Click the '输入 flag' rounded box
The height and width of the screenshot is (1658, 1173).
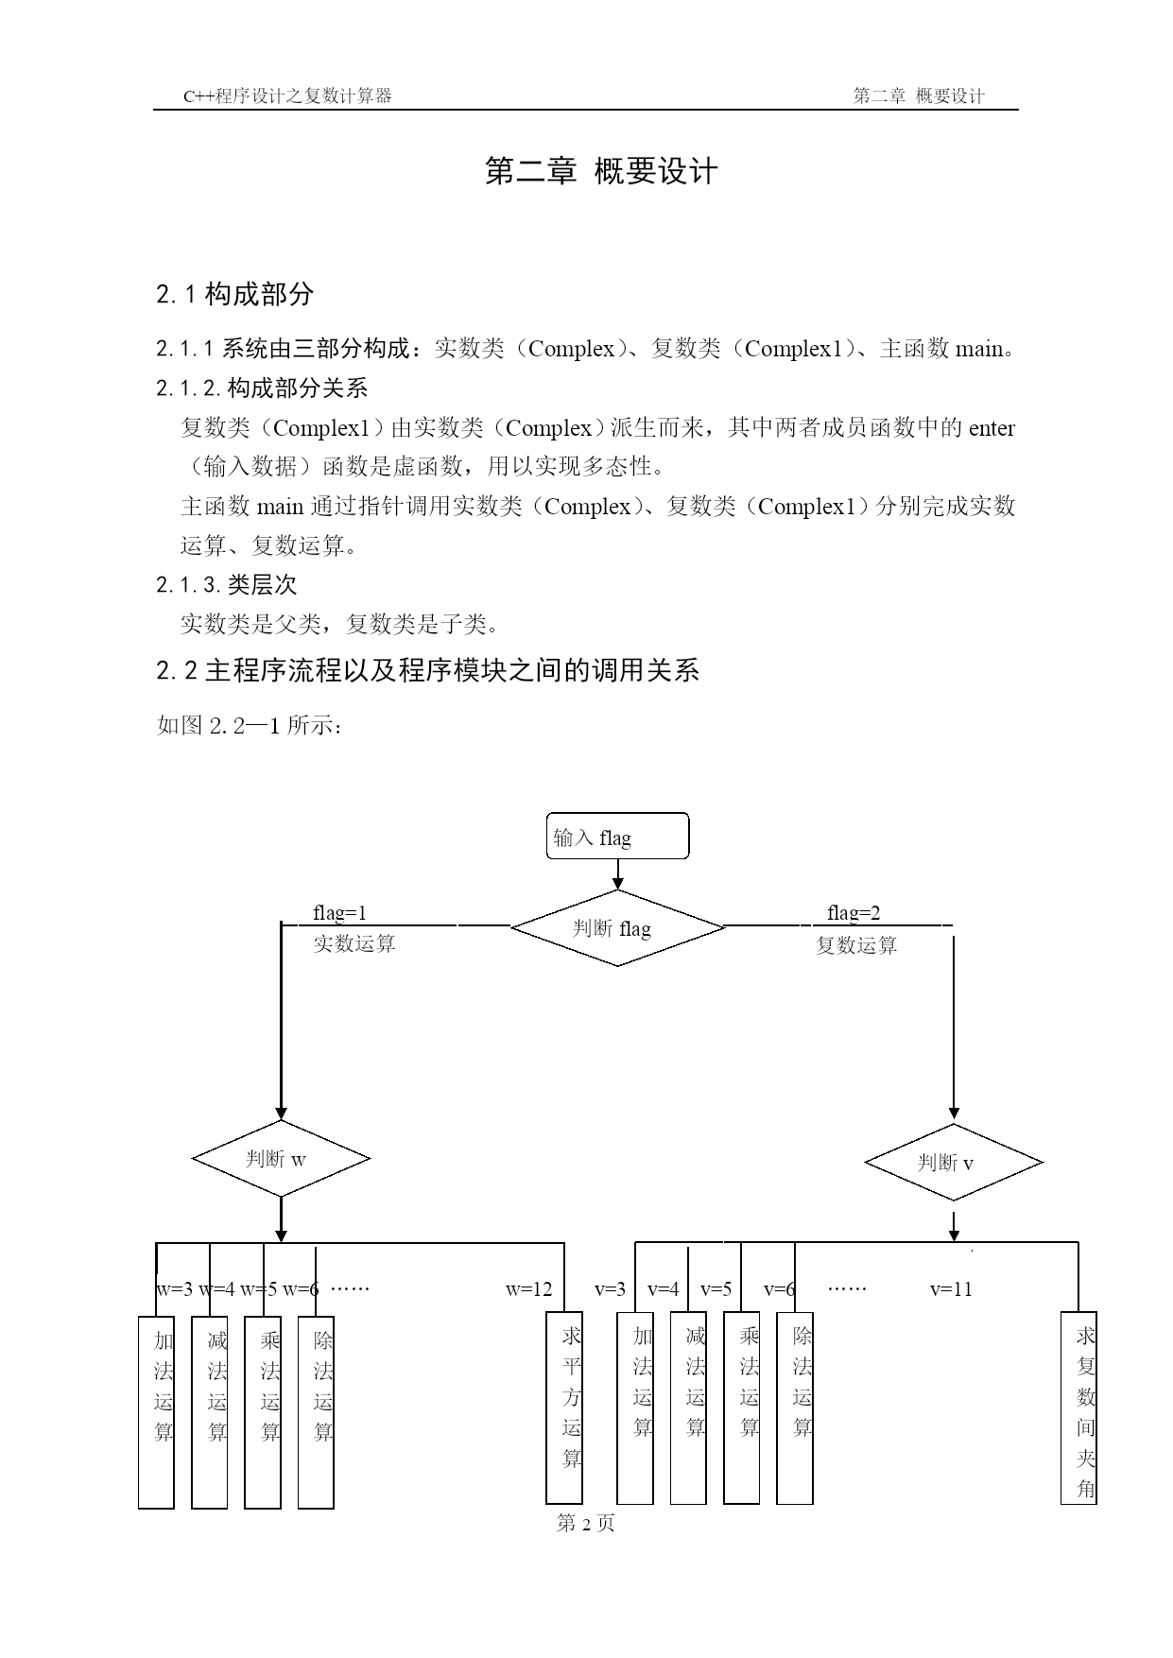(617, 836)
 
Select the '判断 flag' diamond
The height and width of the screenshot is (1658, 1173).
(617, 927)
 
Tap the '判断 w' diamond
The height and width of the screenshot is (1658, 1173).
(281, 1159)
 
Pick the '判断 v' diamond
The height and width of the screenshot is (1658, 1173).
(954, 1162)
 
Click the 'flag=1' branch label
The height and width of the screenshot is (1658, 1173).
(340, 913)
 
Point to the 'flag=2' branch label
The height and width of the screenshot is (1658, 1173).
(854, 913)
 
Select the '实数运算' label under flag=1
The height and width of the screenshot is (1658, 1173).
(354, 943)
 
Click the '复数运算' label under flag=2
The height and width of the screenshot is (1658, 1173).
(856, 945)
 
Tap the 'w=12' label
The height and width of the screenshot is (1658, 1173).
(528, 1289)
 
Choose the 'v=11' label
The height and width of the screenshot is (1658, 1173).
(951, 1289)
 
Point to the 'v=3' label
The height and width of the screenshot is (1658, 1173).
(611, 1289)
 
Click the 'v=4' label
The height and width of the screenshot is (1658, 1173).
(664, 1289)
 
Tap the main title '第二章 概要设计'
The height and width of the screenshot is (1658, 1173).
(601, 171)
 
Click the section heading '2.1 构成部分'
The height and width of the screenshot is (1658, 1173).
(234, 294)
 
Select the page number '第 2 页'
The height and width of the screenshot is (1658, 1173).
(586, 1523)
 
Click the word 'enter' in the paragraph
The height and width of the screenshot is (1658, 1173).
(992, 428)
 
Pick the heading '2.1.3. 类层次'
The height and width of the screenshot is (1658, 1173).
(227, 585)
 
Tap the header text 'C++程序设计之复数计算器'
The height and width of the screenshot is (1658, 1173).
(287, 95)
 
